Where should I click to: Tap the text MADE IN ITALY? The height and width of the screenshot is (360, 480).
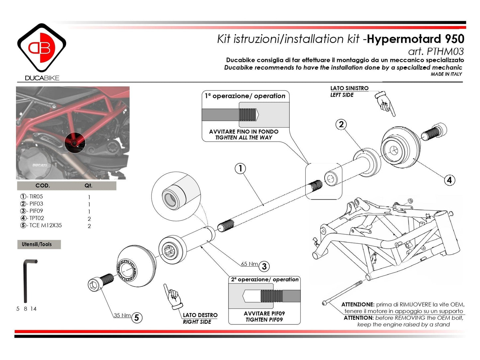tap(446, 74)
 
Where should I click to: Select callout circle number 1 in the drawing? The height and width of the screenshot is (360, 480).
tap(240, 168)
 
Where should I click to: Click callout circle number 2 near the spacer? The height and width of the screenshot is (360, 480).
tap(341, 125)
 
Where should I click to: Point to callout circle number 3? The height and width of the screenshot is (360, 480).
tap(264, 266)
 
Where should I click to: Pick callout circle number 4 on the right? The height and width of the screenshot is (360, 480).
tap(449, 180)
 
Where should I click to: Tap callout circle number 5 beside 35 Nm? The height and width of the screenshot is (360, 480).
tap(137, 318)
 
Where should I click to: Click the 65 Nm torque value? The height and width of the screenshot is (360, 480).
tap(249, 264)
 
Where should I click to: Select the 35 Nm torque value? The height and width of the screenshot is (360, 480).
tap(122, 315)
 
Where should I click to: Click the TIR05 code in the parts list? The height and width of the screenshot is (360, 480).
tap(36, 197)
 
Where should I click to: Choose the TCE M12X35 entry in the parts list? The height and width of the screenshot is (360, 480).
tap(45, 225)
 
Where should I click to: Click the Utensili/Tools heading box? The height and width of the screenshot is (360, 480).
tap(39, 244)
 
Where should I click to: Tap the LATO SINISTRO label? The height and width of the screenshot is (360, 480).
tap(349, 88)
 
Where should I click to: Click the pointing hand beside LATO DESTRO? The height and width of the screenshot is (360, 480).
tap(173, 296)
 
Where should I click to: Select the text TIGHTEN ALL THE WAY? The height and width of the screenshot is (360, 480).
tap(243, 137)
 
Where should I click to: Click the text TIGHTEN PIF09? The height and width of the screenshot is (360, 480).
tap(264, 320)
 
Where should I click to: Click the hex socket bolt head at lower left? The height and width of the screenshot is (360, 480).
tap(94, 285)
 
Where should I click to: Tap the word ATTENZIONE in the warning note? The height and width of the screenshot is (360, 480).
tap(357, 305)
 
